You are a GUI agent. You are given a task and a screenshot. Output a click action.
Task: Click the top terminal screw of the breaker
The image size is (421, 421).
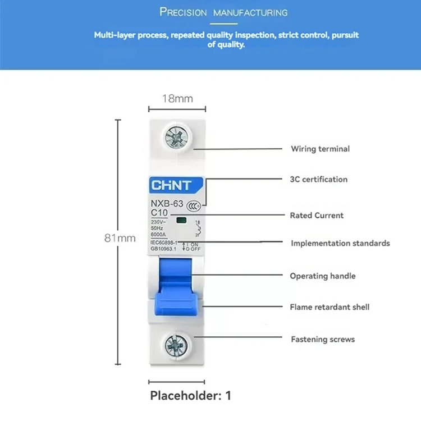177,136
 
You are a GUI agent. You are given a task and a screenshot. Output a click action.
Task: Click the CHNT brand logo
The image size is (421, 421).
171,185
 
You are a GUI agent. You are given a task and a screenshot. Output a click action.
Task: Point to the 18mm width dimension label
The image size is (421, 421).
177,99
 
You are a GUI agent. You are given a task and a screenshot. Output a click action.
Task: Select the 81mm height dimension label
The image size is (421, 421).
120,238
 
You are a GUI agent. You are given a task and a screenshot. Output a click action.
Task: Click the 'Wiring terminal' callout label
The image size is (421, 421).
320,149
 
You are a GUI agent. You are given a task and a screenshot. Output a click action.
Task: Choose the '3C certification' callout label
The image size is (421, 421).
319,180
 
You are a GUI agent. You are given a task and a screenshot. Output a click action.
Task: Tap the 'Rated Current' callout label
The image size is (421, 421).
317,215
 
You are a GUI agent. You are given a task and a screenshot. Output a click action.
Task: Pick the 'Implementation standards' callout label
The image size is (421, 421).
340,243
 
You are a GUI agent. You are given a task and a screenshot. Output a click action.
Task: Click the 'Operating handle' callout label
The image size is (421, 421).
323,276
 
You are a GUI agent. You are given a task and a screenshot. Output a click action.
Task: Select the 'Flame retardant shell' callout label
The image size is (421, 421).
330,307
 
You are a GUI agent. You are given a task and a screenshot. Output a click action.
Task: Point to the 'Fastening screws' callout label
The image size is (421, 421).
323,339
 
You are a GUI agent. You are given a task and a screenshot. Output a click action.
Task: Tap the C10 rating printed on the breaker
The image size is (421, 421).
160,212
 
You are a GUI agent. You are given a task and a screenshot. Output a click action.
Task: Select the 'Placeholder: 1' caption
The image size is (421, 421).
191,395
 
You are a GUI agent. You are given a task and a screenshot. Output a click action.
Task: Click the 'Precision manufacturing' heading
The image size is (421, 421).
223,12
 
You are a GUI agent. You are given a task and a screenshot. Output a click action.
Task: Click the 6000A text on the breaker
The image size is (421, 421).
159,235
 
